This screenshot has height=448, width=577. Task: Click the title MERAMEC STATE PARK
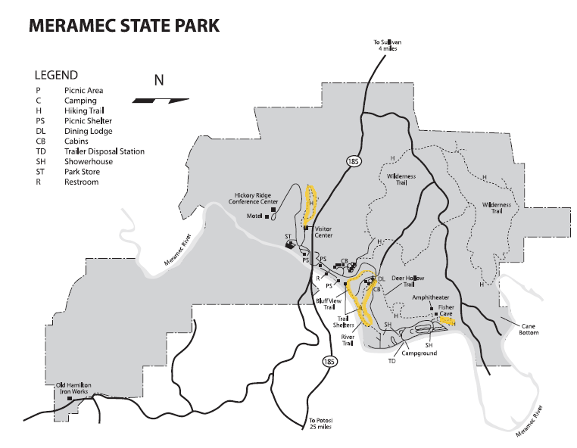pos(123,26)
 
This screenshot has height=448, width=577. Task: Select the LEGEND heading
pos(56,75)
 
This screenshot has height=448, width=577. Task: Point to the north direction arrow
pos(160,99)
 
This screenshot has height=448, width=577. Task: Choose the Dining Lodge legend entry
pos(89,131)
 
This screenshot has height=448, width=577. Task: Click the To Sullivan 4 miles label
pos(386,45)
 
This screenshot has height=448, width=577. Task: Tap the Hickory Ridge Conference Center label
pos(255,200)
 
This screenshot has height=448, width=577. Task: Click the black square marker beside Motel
pos(268,217)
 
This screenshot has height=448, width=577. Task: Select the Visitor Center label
pos(323,231)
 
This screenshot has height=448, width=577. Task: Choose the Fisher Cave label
pos(446,311)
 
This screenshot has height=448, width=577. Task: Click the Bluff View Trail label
pos(327,303)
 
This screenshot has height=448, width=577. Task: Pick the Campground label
pos(419,353)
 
